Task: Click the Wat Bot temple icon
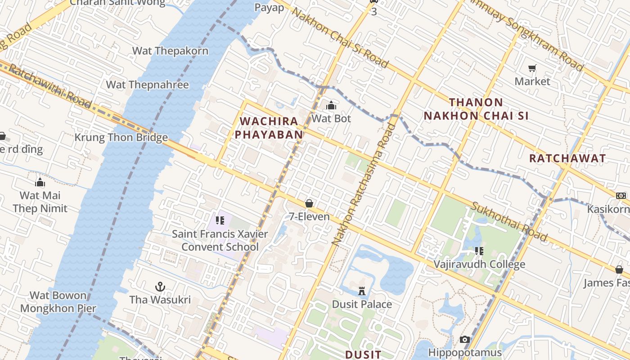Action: pos(331,106)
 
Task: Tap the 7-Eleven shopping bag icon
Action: pos(309,203)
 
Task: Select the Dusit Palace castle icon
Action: pos(362,291)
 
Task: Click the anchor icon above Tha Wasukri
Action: pos(160,287)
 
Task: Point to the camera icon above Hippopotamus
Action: pos(465,339)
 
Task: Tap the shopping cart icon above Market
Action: pos(532,68)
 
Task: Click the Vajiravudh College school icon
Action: pos(479,251)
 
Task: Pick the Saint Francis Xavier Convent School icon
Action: pos(220,220)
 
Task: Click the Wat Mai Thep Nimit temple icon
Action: pos(40,182)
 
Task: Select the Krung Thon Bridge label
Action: pos(121,137)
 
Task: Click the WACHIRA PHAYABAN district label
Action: pos(269,127)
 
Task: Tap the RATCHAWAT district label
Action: pos(567,158)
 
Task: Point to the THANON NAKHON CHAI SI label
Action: pos(476,109)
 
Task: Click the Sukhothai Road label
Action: pos(509,221)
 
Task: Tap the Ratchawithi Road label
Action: pos(49,86)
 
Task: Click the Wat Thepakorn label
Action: pos(170,51)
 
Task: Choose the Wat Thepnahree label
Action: pos(147,85)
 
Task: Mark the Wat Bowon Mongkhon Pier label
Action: pos(58,302)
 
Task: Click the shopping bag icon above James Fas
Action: pos(619,270)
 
